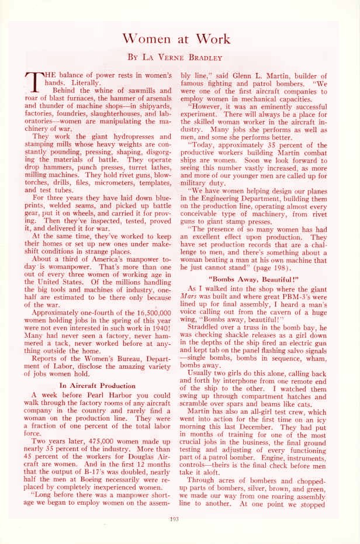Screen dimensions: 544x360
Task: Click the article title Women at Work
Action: (180, 39)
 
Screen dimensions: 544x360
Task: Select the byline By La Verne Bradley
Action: (180, 58)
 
